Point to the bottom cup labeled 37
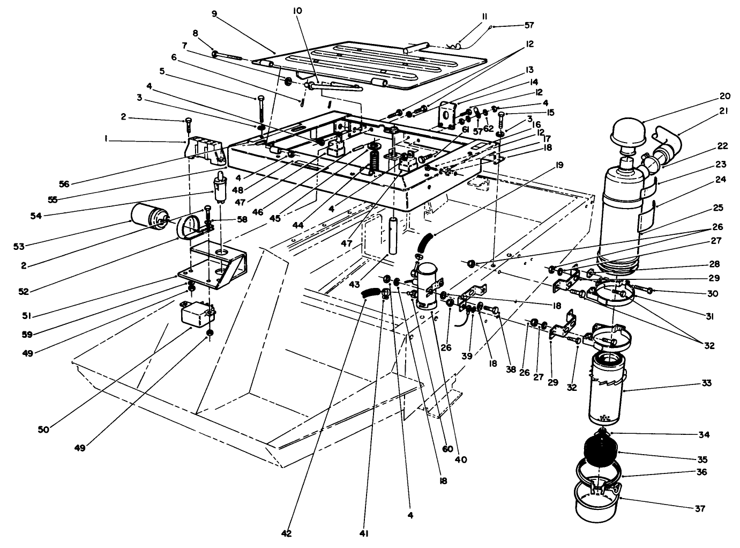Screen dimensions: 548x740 point(596,501)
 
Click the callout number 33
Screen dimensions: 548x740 point(706,383)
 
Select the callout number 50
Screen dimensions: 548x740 point(43,429)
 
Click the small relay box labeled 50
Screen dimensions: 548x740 point(196,314)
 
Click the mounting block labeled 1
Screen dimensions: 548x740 point(204,149)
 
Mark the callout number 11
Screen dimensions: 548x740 point(484,17)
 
